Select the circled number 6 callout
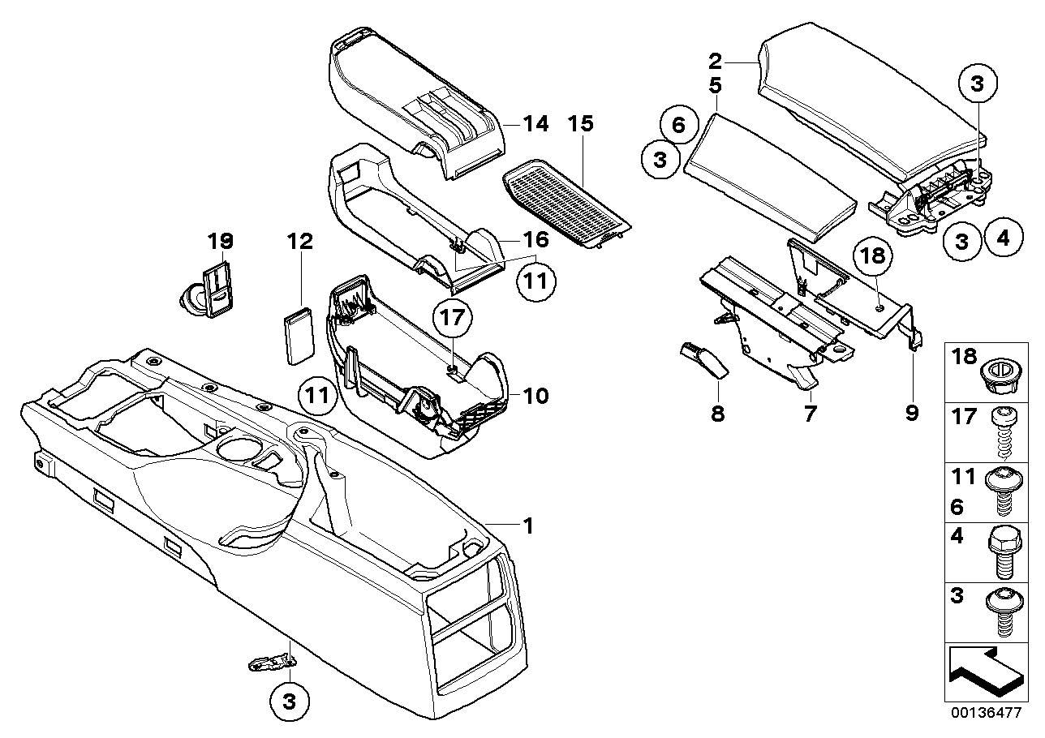[x=679, y=125]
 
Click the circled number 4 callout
[x=1003, y=240]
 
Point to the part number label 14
[x=535, y=124]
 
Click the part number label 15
[x=581, y=124]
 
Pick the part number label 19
[x=220, y=241]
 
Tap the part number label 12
[x=299, y=241]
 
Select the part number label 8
[x=717, y=414]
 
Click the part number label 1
[x=528, y=526]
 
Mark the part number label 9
[x=912, y=414]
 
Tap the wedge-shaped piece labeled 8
[x=703, y=359]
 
